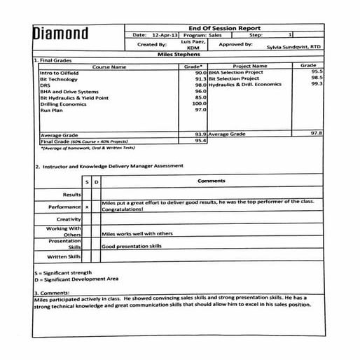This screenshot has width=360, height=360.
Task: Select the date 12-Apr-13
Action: pyautogui.click(x=165, y=34)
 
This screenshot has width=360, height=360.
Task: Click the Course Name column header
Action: pyautogui.click(x=109, y=67)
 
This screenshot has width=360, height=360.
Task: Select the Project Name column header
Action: pyautogui.click(x=249, y=67)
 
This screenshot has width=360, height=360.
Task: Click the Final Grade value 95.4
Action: pyautogui.click(x=200, y=140)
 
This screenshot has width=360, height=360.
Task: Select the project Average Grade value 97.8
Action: pyautogui.click(x=317, y=133)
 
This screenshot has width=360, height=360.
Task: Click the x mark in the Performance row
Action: pyautogui.click(x=87, y=207)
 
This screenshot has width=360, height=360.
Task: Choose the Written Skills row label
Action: pyautogui.click(x=64, y=256)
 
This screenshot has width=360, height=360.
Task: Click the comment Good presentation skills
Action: pyautogui.click(x=132, y=247)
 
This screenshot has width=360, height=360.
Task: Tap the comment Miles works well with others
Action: pyautogui.click(x=137, y=234)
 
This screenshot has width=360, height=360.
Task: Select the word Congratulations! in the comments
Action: pyautogui.click(x=123, y=209)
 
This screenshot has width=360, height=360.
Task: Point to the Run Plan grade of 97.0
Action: pyautogui.click(x=200, y=110)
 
